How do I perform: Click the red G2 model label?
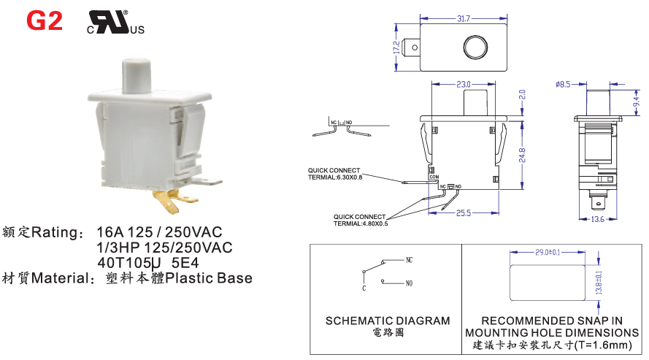45,21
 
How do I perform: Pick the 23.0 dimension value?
463,85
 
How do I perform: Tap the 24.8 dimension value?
522,154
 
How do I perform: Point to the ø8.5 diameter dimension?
562,85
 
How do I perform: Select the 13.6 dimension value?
596,219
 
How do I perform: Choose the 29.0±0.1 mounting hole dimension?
548,252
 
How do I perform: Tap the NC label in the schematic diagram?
409,259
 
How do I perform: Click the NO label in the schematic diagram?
409,283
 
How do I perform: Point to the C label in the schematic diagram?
364,288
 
